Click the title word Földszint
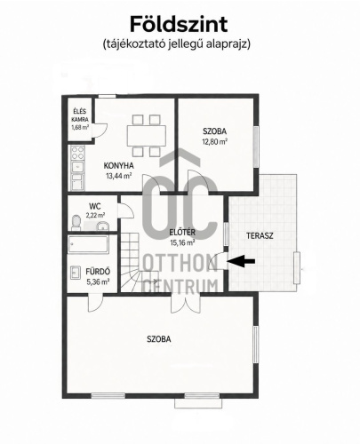[x=179, y=24]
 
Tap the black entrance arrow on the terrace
[x=242, y=261]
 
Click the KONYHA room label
[x=118, y=165]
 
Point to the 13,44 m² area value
[x=119, y=176]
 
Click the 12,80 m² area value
[x=215, y=141]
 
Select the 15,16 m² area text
[x=182, y=242]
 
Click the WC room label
[x=94, y=206]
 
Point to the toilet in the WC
[x=76, y=222]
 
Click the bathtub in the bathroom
[x=88, y=244]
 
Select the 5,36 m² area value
[x=98, y=281]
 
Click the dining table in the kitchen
[x=147, y=135]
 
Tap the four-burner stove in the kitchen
[x=77, y=153]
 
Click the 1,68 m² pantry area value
[x=80, y=128]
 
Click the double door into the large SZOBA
[x=186, y=303]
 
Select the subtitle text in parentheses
[x=177, y=44]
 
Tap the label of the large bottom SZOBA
[x=159, y=339]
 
